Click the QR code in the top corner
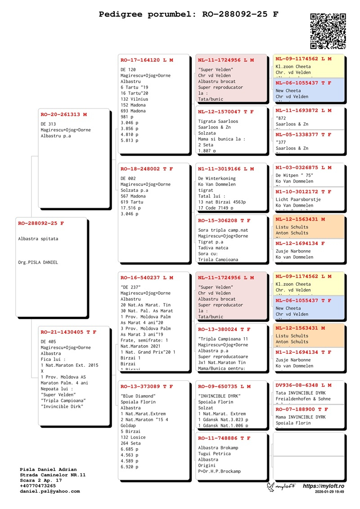tap(328, 31)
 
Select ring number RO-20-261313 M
tap(64, 115)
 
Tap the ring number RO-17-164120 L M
tap(147, 60)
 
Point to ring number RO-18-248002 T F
tap(147, 169)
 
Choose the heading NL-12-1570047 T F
tap(226, 112)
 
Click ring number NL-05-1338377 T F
tap(303, 135)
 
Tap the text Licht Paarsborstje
tap(297, 199)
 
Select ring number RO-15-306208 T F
tap(224, 221)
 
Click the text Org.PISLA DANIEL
tap(38, 262)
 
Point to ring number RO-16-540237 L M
tap(147, 278)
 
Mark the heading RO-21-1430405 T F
tap(68, 332)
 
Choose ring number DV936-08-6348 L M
tap(303, 385)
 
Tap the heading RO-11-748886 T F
tap(224, 438)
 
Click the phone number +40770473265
tap(38, 486)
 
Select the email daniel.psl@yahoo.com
tap(50, 491)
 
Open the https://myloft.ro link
tap(324, 486)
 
